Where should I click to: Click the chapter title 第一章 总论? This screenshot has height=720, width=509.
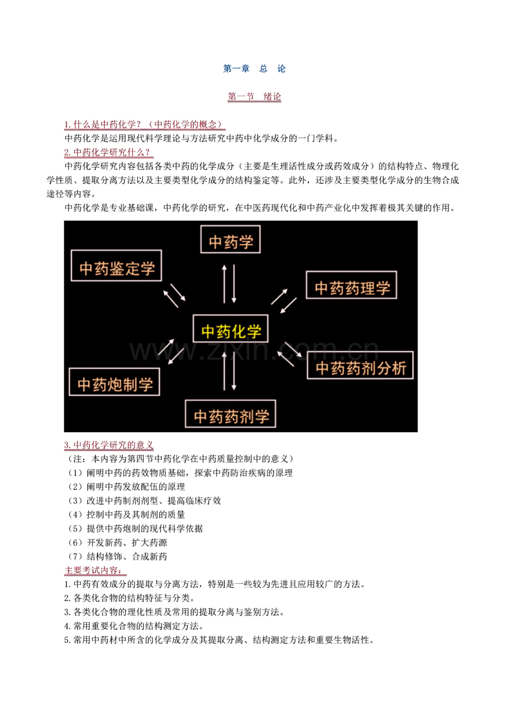[x=254, y=69]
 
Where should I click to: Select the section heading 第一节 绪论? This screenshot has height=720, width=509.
[x=254, y=96]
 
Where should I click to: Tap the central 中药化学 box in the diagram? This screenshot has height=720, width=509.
[x=230, y=329]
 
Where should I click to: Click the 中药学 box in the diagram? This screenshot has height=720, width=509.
[x=230, y=239]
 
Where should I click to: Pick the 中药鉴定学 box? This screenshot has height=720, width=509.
[x=116, y=266]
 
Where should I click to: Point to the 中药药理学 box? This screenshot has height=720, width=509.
[x=351, y=285]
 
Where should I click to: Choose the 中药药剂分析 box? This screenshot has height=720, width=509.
[x=360, y=365]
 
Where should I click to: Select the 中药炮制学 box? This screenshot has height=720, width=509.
[x=115, y=382]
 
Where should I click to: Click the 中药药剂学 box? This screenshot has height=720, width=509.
[x=230, y=413]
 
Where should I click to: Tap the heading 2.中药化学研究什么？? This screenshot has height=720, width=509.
[x=108, y=152]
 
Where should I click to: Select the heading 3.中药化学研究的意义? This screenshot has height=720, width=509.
[x=108, y=445]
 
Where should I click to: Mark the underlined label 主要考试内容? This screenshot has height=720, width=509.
[x=95, y=571]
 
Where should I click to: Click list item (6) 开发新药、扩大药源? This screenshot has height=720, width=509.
[x=117, y=542]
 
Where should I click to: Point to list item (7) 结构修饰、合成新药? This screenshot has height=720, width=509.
[x=117, y=556]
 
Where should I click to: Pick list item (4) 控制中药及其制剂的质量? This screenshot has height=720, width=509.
[x=126, y=515]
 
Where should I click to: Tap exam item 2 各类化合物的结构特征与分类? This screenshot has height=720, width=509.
[x=129, y=598]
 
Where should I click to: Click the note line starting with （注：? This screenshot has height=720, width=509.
[x=179, y=459]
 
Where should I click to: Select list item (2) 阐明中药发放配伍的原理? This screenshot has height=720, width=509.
[x=126, y=486]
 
